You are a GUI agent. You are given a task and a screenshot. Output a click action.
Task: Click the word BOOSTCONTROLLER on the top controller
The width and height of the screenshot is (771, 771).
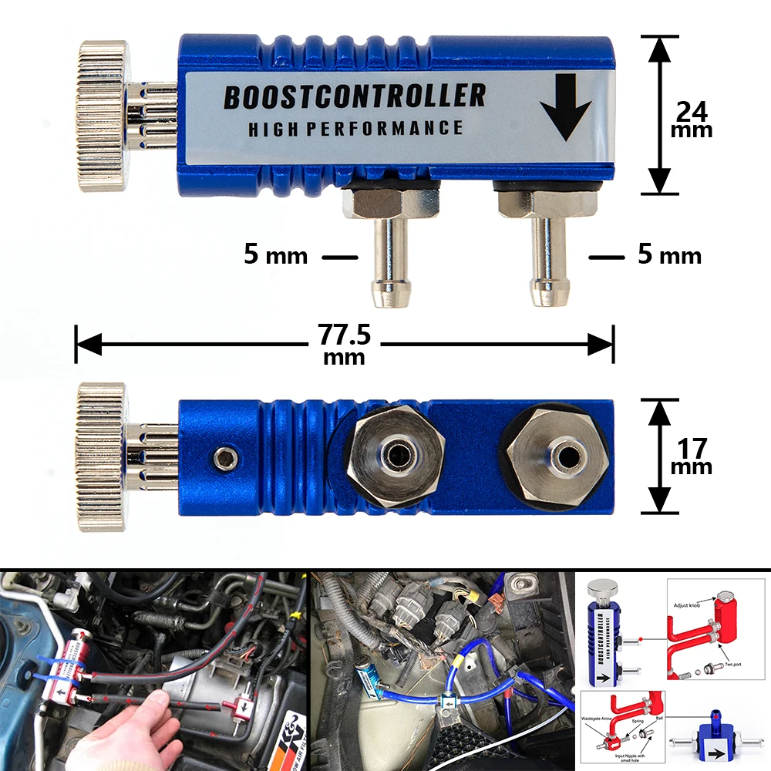(354, 97)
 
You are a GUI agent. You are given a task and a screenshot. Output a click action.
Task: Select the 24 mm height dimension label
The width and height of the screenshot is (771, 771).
(692, 120)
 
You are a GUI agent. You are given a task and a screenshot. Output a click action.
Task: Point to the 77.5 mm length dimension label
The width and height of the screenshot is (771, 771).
(345, 343)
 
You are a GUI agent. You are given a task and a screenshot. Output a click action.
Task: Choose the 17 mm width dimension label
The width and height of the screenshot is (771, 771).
(692, 456)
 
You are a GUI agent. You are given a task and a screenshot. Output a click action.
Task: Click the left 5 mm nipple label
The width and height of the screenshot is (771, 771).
(275, 255)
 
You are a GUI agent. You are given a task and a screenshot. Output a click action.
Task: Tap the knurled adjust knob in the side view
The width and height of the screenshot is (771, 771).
(102, 106)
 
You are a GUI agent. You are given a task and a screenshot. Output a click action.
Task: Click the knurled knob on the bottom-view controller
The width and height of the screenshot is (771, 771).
(101, 457)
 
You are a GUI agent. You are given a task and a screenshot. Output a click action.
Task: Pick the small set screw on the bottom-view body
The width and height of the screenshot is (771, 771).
(225, 460)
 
